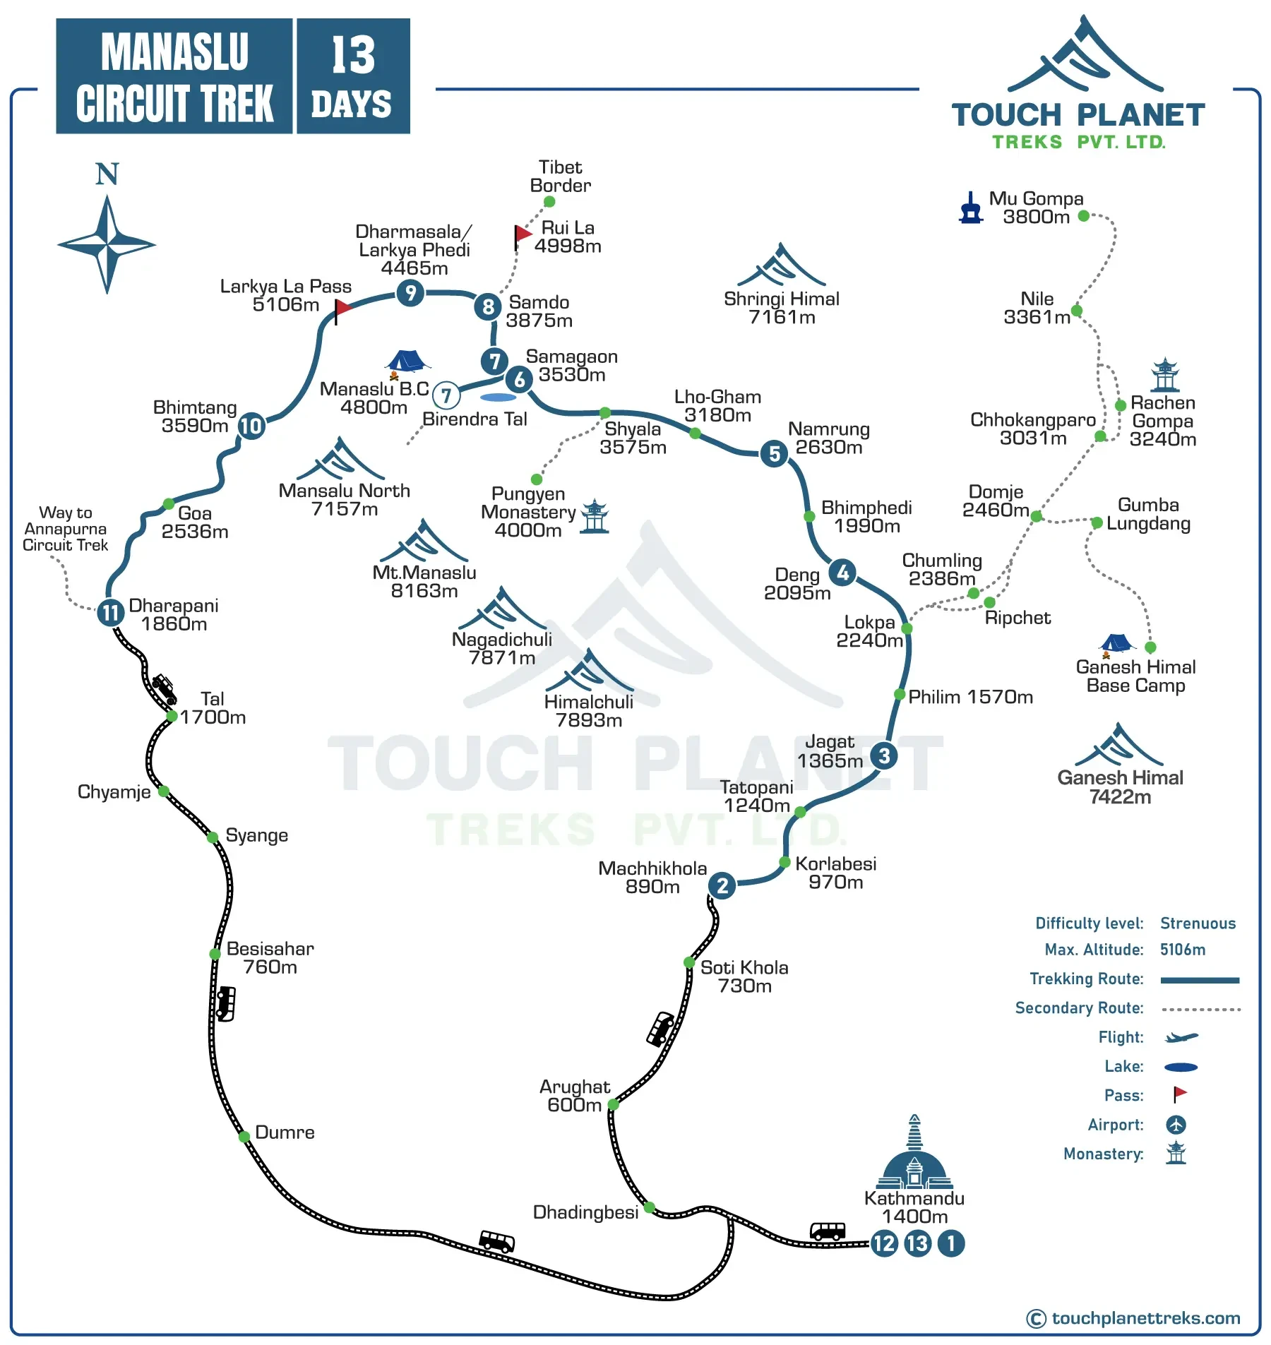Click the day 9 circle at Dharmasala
click(x=410, y=292)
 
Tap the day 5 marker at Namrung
click(x=775, y=453)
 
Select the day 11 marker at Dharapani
click(x=110, y=612)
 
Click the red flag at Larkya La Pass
click(x=342, y=308)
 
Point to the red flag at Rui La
click(x=523, y=234)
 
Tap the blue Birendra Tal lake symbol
click(x=498, y=397)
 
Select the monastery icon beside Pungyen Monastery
click(x=595, y=516)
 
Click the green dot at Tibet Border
click(x=549, y=202)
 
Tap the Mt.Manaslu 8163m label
click(x=424, y=581)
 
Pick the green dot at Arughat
click(x=613, y=1104)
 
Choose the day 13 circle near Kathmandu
click(x=917, y=1243)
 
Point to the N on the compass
click(x=107, y=174)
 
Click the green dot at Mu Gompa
click(x=1084, y=216)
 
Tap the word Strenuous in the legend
click(x=1198, y=923)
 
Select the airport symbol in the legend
click(x=1176, y=1125)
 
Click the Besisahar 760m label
click(x=270, y=958)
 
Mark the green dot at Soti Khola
click(x=689, y=962)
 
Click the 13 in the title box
click(x=353, y=55)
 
